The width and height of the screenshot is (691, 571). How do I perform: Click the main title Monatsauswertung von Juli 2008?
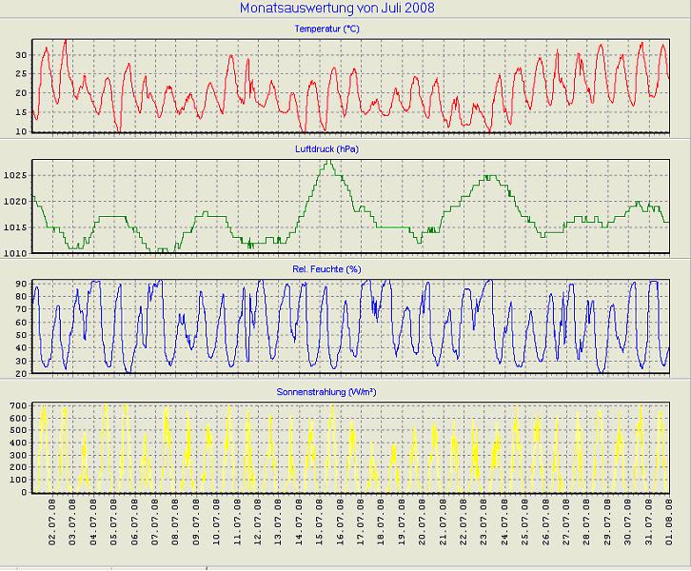(x=327, y=9)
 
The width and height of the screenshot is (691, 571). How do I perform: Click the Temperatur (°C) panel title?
(x=327, y=29)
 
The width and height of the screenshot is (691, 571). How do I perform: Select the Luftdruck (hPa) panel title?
(x=327, y=149)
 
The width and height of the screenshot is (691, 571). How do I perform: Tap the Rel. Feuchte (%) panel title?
(x=327, y=269)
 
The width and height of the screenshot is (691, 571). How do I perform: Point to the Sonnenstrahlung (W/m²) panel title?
(x=327, y=391)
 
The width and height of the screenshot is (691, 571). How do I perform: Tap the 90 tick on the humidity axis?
(x=20, y=283)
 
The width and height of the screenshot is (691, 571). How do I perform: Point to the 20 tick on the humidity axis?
(x=20, y=373)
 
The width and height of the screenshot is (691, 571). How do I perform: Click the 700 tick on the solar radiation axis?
(x=17, y=406)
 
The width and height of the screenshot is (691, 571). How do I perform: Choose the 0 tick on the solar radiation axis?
(x=24, y=493)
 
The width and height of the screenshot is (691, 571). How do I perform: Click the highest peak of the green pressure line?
(x=329, y=162)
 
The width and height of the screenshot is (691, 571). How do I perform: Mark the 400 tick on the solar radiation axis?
(x=17, y=443)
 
